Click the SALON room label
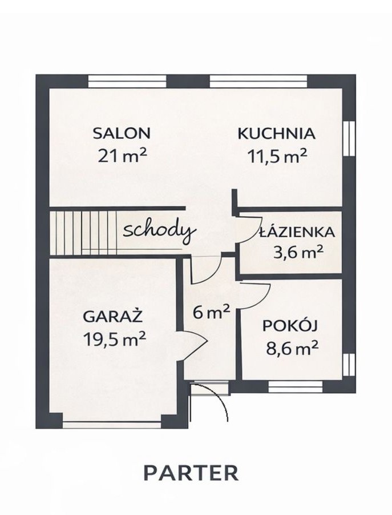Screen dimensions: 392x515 click(x=122, y=133)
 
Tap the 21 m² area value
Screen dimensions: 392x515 click(x=122, y=155)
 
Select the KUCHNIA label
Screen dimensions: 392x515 click(x=276, y=134)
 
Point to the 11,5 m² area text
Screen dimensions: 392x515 click(x=277, y=155)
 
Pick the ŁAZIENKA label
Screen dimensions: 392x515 click(x=297, y=232)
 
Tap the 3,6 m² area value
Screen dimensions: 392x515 click(x=298, y=253)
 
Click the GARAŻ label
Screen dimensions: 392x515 click(x=113, y=317)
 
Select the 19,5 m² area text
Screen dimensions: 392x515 click(x=114, y=339)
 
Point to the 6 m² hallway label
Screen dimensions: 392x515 click(x=211, y=312)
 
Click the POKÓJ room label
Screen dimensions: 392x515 click(x=290, y=326)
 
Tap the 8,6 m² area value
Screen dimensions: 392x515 click(x=292, y=348)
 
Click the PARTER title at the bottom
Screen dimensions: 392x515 click(x=191, y=473)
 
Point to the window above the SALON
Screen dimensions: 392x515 click(x=127, y=81)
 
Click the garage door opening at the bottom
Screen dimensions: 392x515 click(x=112, y=425)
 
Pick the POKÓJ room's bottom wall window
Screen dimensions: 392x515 click(x=296, y=386)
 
